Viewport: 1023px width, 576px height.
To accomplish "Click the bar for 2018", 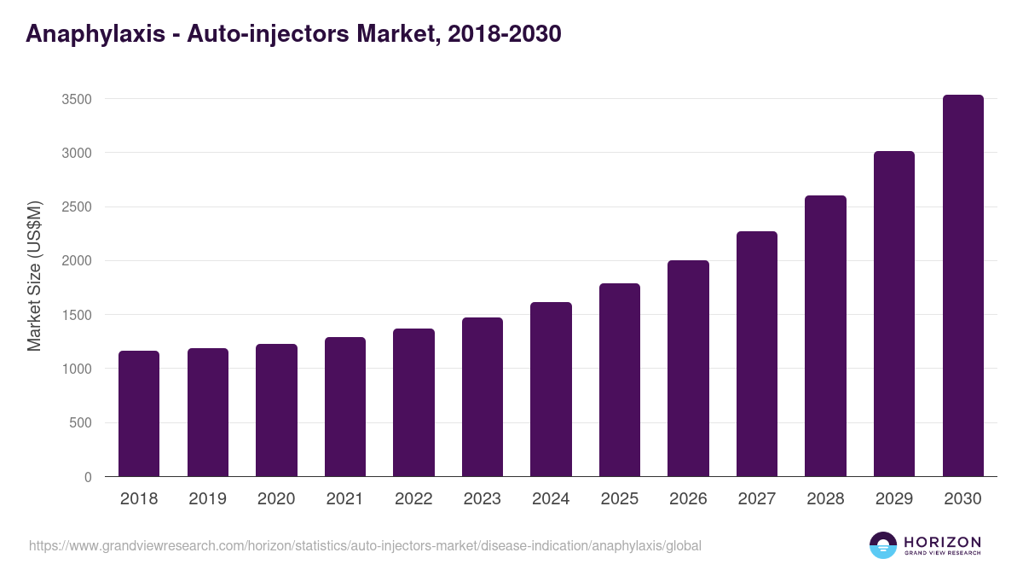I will click(x=139, y=414).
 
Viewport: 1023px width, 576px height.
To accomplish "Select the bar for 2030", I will click(x=963, y=286).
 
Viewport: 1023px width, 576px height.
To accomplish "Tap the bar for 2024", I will click(x=551, y=389).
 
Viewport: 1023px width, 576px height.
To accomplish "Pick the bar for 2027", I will click(x=757, y=354).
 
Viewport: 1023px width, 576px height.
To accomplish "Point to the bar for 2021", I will click(x=345, y=407).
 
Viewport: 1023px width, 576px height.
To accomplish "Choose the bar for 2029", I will click(x=894, y=314).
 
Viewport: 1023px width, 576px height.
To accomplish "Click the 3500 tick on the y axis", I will click(x=77, y=99).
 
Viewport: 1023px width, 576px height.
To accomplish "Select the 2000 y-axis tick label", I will click(x=77, y=261).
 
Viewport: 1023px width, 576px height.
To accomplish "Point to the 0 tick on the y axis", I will click(x=88, y=477).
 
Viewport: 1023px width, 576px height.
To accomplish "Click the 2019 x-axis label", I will click(x=208, y=499).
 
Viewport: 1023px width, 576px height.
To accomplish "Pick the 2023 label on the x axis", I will click(x=483, y=499).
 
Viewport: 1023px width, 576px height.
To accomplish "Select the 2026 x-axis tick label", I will click(x=688, y=499).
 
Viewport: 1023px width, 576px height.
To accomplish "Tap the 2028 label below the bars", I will click(x=825, y=499).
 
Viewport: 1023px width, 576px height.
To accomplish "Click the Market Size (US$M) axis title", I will click(x=34, y=276).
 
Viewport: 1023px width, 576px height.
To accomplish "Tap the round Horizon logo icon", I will click(x=883, y=545).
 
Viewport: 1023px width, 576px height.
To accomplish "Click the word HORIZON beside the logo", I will click(x=942, y=542).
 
